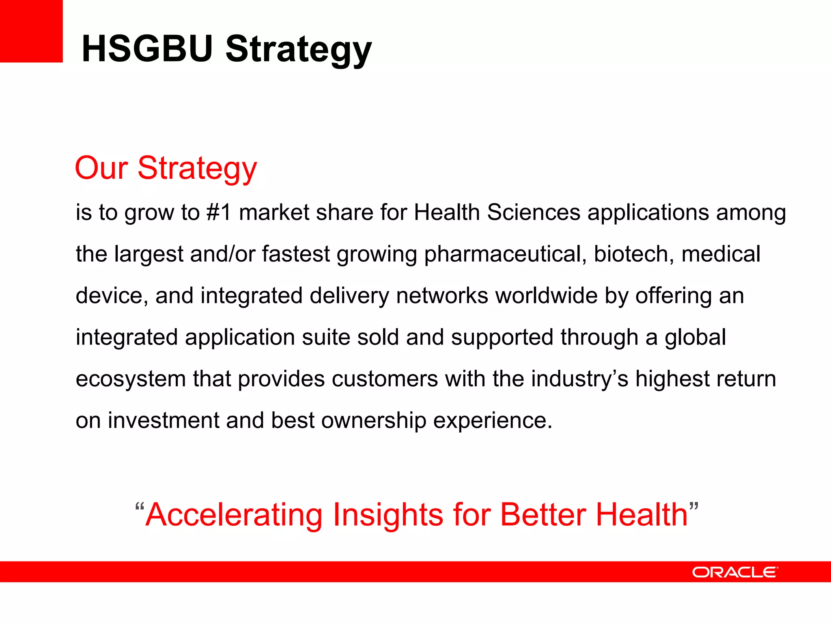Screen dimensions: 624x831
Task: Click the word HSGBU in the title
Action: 147,49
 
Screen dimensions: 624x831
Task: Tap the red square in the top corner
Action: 31,31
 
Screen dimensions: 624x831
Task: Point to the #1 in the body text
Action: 219,212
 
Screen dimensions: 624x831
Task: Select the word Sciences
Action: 534,212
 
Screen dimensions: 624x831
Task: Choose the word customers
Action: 385,379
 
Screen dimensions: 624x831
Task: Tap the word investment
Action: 164,420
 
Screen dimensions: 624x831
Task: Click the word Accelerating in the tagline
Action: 234,515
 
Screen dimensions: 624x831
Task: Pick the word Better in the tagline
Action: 544,514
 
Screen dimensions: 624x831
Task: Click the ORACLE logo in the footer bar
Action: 735,572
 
